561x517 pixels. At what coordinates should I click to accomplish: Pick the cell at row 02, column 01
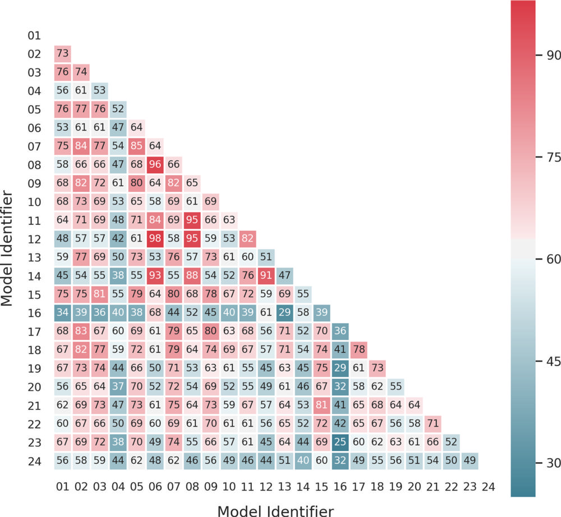point(63,54)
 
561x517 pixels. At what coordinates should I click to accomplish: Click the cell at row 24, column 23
point(470,460)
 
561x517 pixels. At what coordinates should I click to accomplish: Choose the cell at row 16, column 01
point(63,312)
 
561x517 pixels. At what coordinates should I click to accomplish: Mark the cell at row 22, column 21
point(433,423)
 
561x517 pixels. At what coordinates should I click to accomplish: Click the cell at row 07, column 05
point(136,146)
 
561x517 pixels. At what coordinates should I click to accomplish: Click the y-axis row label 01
point(34,36)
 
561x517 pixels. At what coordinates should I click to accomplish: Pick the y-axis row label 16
point(34,312)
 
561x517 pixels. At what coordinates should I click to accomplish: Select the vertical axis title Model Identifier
point(8,249)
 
